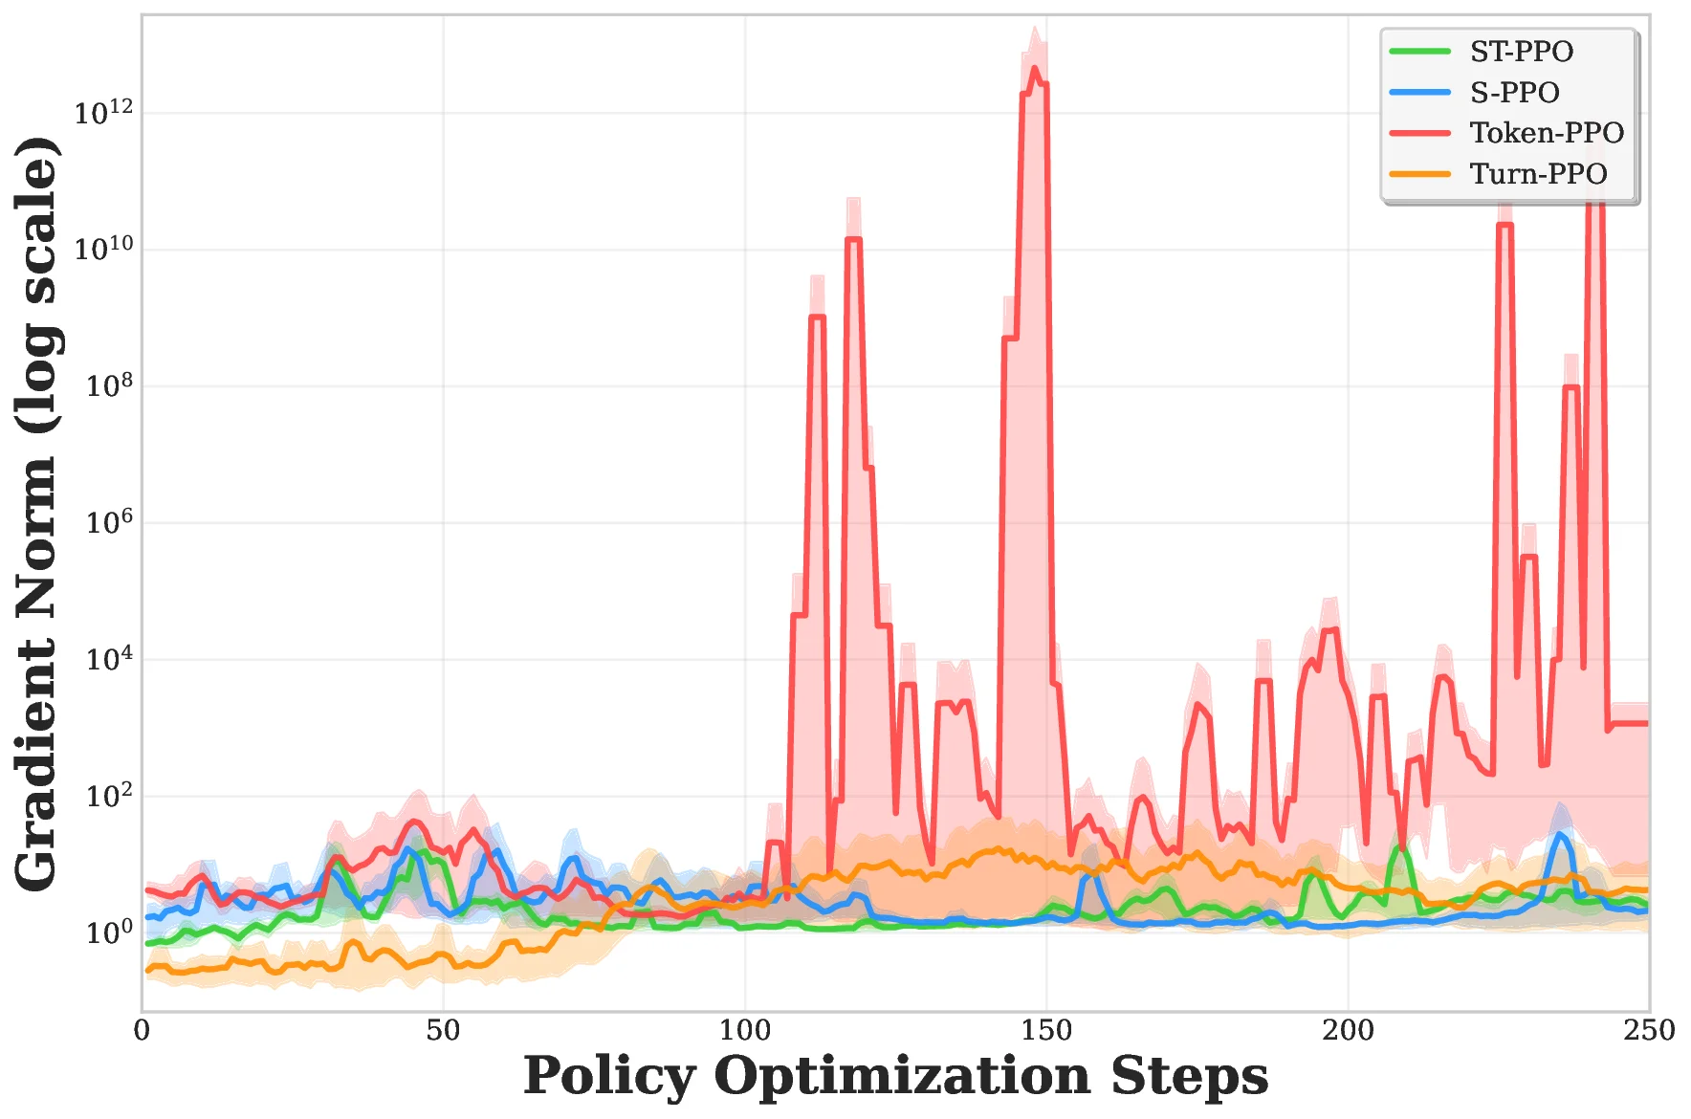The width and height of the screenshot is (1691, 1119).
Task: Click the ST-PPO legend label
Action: point(1521,52)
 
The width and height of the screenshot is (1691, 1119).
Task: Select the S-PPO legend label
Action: point(1514,93)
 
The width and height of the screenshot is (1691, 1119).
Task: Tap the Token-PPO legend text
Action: point(1547,133)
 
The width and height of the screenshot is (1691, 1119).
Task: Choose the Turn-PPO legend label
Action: point(1538,174)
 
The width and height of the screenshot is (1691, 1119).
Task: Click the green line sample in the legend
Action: point(1420,52)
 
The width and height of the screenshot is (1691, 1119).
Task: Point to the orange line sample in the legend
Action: point(1420,174)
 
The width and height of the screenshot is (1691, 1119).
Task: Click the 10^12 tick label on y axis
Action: point(103,113)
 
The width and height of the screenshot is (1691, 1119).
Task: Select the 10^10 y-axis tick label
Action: point(103,250)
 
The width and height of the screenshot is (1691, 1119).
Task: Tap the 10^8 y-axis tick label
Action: point(109,386)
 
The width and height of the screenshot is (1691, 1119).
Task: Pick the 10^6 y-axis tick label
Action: point(109,523)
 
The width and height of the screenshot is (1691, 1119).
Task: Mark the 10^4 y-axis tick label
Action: point(109,660)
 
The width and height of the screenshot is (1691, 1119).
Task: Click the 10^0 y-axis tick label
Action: point(109,932)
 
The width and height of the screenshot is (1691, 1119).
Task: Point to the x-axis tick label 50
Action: point(443,1030)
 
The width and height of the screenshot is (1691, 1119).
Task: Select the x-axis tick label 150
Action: point(1046,1030)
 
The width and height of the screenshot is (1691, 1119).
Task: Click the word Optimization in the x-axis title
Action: point(902,1077)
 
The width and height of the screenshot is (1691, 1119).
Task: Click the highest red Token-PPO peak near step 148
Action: point(1034,69)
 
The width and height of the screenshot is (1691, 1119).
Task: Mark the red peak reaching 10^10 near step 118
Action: point(853,239)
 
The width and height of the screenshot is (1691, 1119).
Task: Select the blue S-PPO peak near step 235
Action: point(1560,835)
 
